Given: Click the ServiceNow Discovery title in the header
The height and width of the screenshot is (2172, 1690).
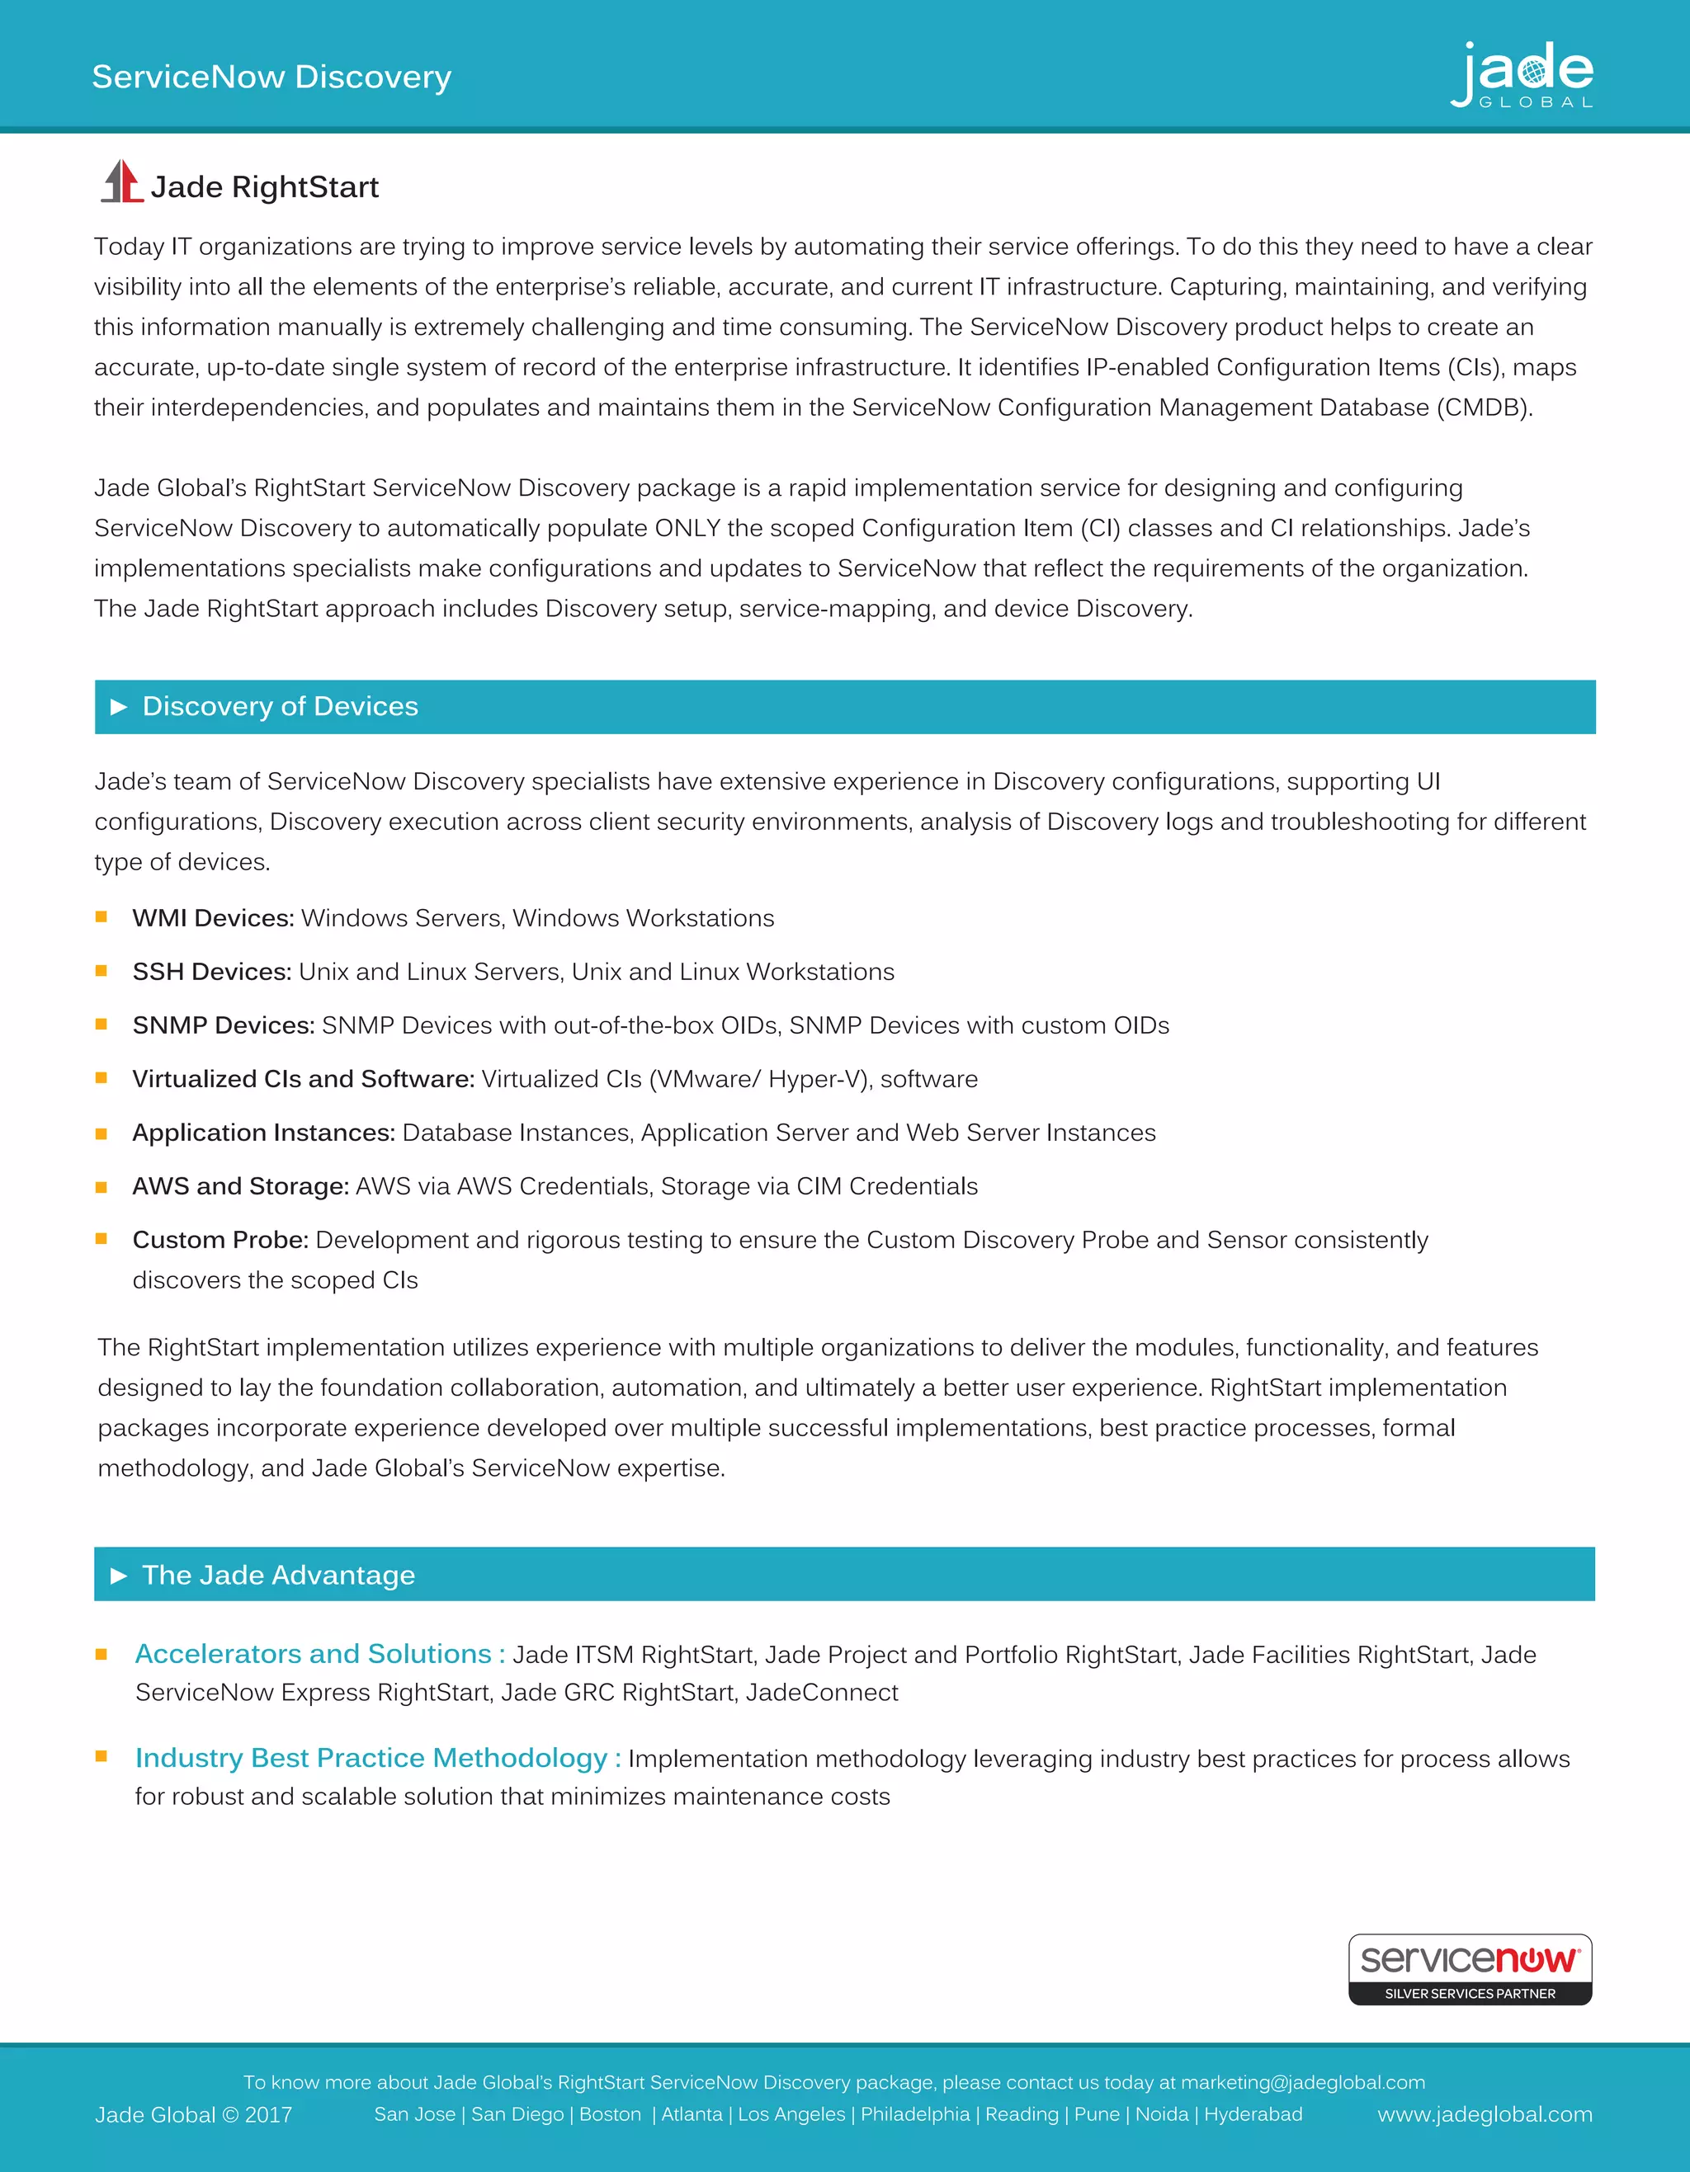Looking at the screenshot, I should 271,77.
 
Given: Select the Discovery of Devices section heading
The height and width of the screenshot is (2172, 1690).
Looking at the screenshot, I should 280,706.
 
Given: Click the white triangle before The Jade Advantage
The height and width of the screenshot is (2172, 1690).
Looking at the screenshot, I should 118,1576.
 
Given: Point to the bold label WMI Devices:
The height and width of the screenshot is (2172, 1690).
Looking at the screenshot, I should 213,918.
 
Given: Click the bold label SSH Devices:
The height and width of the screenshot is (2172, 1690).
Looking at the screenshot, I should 212,972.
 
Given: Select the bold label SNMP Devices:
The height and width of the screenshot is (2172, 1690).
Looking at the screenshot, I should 224,1025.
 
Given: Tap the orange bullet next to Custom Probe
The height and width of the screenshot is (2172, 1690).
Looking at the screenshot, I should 101,1239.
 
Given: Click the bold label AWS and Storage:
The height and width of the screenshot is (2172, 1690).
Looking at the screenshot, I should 241,1186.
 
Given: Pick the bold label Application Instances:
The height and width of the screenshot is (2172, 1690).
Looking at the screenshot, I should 263,1133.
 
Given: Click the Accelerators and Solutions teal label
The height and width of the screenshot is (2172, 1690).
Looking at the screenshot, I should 319,1654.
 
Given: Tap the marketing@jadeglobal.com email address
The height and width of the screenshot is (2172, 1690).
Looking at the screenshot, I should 1302,2082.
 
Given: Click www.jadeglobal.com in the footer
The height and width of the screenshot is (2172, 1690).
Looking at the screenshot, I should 1484,2114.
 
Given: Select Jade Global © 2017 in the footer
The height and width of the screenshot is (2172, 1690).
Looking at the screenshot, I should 193,2115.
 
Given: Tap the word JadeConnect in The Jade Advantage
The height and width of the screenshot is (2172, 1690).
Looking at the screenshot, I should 822,1693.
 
